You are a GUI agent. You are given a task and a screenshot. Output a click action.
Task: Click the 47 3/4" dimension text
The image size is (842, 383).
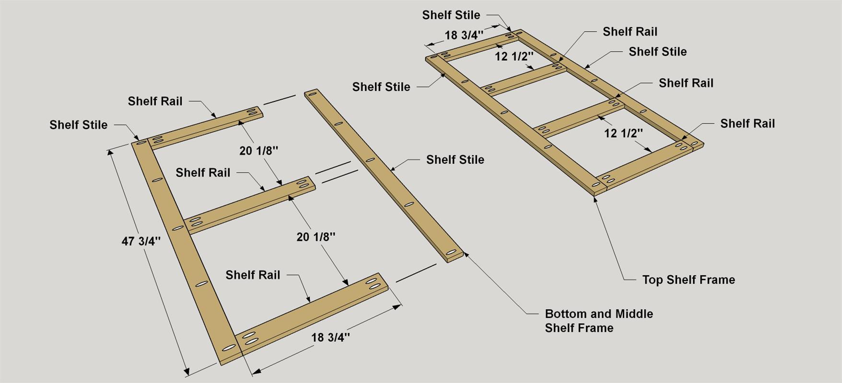pos(141,241)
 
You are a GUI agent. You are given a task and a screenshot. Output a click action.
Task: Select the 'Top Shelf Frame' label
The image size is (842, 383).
pos(689,280)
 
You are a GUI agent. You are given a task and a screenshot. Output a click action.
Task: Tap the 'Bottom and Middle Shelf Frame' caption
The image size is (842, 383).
pos(599,321)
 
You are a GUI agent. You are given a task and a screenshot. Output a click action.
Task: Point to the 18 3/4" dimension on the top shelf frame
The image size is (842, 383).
pos(464,35)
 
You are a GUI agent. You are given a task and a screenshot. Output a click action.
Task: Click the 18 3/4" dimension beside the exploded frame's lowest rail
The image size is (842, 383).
pos(330,338)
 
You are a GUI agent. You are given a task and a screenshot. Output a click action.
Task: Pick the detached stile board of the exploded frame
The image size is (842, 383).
pos(384,176)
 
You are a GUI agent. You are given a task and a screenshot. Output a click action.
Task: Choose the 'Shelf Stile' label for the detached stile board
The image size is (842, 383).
pos(455,159)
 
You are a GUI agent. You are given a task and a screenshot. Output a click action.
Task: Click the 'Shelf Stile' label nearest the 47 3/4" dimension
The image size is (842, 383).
pos(78,125)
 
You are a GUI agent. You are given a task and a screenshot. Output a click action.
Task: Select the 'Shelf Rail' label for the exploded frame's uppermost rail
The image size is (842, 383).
pos(155,101)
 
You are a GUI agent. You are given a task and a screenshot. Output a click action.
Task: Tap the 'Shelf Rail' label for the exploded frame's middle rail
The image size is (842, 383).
pos(203,172)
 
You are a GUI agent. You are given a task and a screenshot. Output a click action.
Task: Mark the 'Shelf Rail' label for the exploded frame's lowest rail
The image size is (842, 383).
pos(253,275)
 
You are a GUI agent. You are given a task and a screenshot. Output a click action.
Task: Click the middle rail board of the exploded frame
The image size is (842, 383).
pos(249,205)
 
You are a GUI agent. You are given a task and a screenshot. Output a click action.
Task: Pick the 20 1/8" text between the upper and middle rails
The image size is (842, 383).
pos(259,151)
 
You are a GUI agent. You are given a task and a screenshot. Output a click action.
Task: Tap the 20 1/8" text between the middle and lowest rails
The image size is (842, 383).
pos(316,237)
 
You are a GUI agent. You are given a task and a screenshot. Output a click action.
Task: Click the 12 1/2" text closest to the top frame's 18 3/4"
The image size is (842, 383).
pos(514,56)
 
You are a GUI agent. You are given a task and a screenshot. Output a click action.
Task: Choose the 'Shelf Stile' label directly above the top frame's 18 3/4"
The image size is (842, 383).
pos(451,15)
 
